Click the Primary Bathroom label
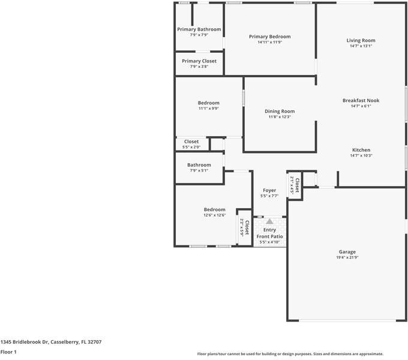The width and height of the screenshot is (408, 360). [199, 29]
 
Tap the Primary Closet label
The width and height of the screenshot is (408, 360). [199, 61]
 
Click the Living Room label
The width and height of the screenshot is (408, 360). [361, 41]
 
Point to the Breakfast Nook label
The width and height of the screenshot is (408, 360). [361, 101]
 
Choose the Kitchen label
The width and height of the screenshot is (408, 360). [361, 150]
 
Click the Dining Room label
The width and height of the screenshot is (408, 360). [280, 111]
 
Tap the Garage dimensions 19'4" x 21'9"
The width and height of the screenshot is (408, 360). [347, 257]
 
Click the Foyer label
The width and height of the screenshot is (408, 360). [269, 190]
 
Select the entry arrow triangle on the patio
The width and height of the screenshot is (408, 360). [269, 222]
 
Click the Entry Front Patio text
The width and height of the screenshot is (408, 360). [269, 233]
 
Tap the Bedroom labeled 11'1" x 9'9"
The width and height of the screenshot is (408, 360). [208, 103]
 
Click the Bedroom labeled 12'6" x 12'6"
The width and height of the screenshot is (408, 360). [214, 209]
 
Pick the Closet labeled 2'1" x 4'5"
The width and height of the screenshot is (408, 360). [295, 181]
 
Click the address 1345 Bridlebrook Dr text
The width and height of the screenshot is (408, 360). [50, 341]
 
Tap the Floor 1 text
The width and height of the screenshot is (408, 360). [8, 352]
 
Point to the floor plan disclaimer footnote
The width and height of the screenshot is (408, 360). [290, 354]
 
